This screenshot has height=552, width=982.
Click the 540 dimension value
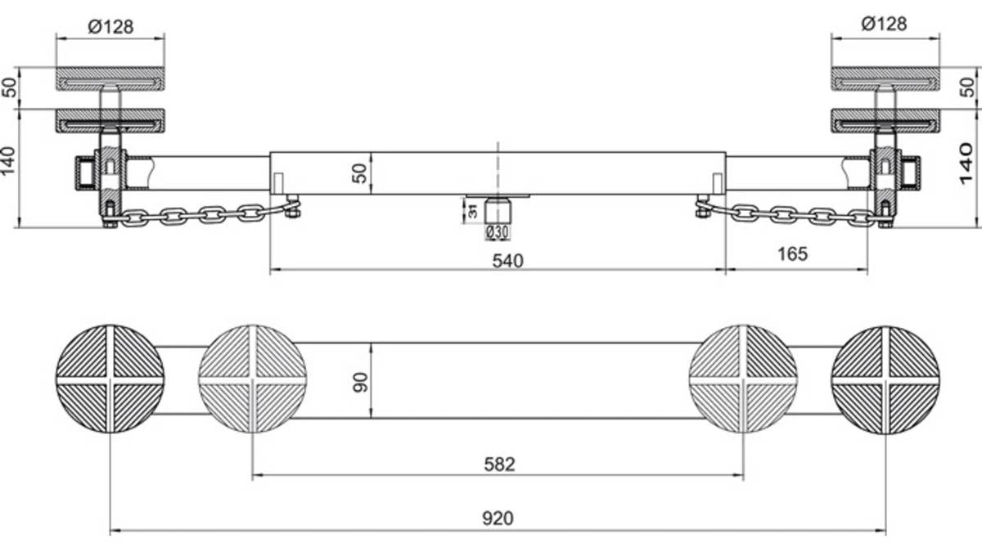coord(507,261)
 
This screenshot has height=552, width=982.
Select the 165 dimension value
coord(792,254)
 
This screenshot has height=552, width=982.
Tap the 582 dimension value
coord(499,464)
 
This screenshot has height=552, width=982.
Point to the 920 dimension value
coord(498,518)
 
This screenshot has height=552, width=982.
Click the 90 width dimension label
coord(360,382)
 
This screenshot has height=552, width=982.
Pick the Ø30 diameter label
coord(498,231)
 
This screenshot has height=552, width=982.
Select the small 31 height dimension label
coord(473,211)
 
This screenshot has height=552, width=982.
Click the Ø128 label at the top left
coord(110,27)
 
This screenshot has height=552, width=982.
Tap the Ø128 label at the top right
coord(885,24)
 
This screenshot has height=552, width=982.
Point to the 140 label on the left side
coord(8,160)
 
